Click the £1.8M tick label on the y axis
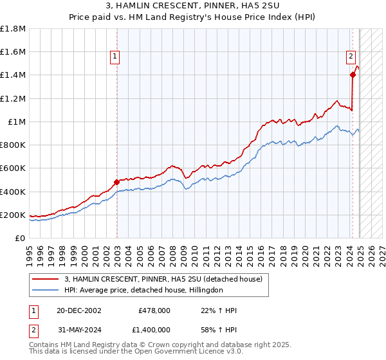(13, 29)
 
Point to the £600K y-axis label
(13, 168)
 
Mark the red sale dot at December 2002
(116, 182)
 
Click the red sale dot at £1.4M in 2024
(353, 75)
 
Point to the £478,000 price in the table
(154, 310)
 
